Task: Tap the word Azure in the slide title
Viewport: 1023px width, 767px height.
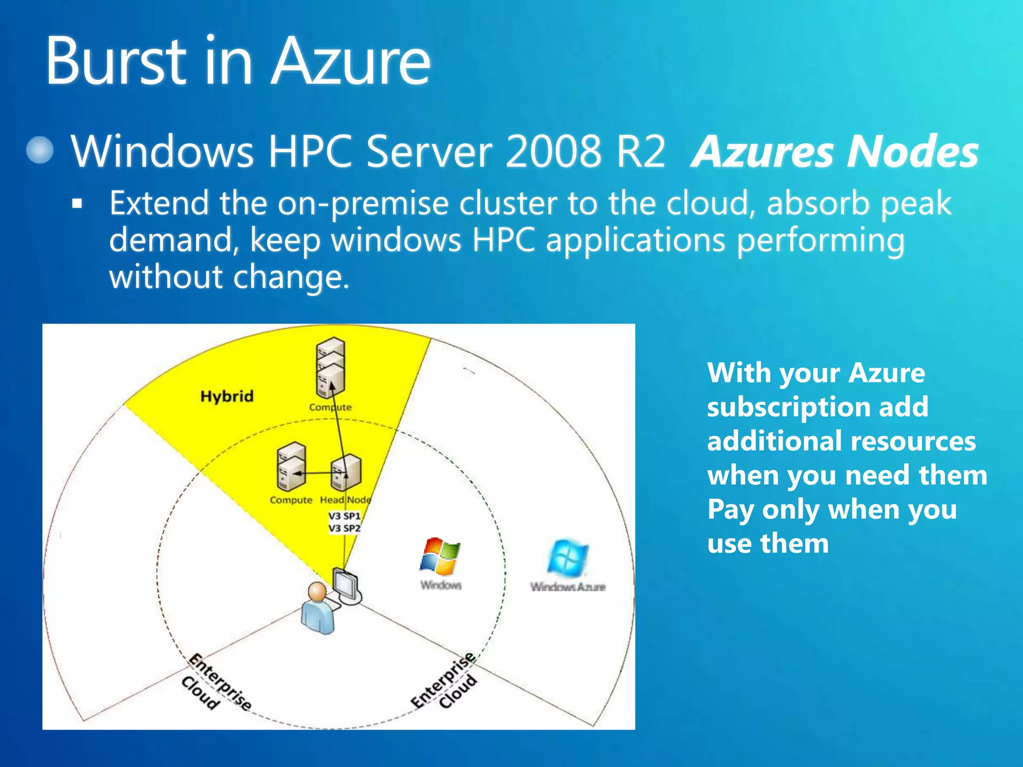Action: coord(350,61)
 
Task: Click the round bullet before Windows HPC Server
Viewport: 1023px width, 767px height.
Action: coord(40,150)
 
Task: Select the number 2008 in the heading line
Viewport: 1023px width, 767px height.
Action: coord(553,151)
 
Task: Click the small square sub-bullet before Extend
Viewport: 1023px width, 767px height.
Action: coord(77,204)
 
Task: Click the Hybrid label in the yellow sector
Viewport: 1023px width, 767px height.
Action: coord(227,396)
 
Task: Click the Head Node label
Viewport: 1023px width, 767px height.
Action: coord(345,500)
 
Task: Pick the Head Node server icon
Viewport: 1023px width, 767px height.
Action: coord(346,472)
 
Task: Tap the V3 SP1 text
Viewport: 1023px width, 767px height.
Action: coord(344,516)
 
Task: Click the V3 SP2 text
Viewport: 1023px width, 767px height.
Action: coord(344,528)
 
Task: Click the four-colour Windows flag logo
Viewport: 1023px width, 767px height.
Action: coord(440,556)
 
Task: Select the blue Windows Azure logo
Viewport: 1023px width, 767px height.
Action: coord(567,557)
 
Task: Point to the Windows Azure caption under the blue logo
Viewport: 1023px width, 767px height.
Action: coord(568,587)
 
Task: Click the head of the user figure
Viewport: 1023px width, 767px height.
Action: coord(317,592)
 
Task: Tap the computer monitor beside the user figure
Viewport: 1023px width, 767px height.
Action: coord(346,585)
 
